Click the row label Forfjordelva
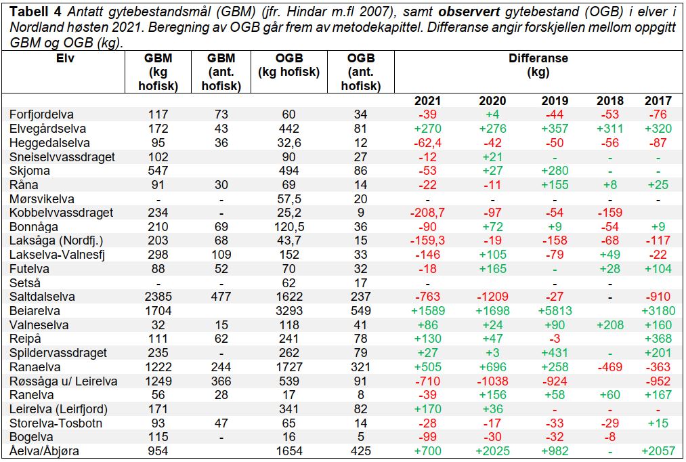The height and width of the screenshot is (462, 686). click(x=41, y=114)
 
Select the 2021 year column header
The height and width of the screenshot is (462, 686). click(x=427, y=101)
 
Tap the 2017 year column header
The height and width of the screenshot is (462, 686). click(x=658, y=101)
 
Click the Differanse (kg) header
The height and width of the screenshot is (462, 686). click(x=538, y=65)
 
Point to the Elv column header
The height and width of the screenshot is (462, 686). click(x=65, y=58)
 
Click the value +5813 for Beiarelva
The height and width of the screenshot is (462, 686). click(x=555, y=311)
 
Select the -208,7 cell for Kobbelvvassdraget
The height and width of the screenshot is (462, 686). click(x=427, y=213)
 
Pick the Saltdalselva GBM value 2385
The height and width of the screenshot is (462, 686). click(x=158, y=297)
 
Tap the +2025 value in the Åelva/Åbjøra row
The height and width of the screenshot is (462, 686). click(x=492, y=451)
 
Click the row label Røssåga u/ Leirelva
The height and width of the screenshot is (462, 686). click(x=64, y=381)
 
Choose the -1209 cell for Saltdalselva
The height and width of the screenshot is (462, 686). click(x=492, y=297)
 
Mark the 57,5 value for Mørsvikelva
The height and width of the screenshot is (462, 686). click(x=289, y=199)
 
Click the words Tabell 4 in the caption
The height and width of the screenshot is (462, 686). click(x=36, y=12)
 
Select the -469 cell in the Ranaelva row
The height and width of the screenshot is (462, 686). click(x=610, y=367)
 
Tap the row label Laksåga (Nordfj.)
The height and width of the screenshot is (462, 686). click(x=56, y=240)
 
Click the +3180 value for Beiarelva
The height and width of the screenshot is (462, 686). click(x=658, y=311)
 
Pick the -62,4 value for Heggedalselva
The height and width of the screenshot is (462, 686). click(x=427, y=143)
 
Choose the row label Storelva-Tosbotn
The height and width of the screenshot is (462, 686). click(x=56, y=423)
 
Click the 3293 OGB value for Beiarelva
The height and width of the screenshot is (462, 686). click(x=289, y=311)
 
